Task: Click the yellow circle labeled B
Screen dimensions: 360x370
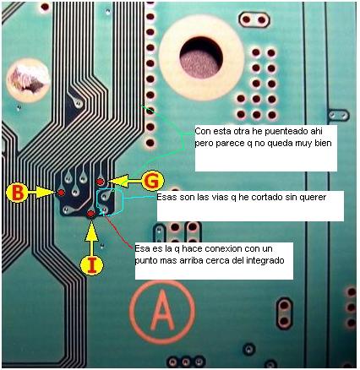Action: click(x=18, y=193)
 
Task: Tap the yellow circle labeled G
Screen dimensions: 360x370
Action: click(x=153, y=182)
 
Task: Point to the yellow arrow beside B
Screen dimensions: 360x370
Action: click(x=42, y=193)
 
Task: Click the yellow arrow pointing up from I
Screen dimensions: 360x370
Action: click(x=91, y=238)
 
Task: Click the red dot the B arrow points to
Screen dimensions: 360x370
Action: click(x=61, y=193)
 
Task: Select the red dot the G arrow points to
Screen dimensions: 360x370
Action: click(x=100, y=182)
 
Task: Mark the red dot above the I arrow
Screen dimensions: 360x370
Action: click(x=90, y=214)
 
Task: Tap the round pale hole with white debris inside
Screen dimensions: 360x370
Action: click(x=28, y=79)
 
